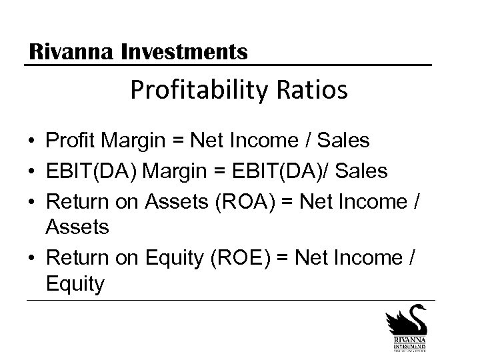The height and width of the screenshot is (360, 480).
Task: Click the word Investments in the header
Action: pyautogui.click(x=185, y=51)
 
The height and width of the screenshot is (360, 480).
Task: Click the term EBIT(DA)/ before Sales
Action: pyautogui.click(x=289, y=171)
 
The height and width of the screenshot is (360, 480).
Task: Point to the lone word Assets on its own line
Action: pyautogui.click(x=77, y=228)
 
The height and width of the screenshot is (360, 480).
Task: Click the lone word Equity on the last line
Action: pyautogui.click(x=75, y=284)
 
